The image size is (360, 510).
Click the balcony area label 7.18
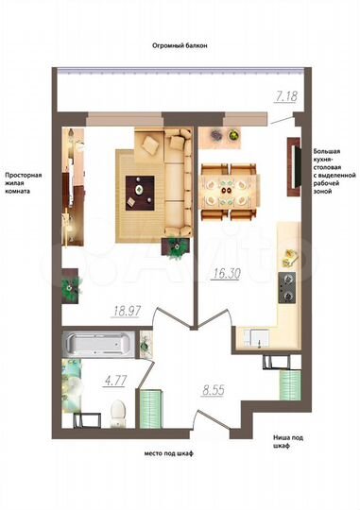285,96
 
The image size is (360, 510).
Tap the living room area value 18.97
126,309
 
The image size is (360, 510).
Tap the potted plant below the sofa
175,247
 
